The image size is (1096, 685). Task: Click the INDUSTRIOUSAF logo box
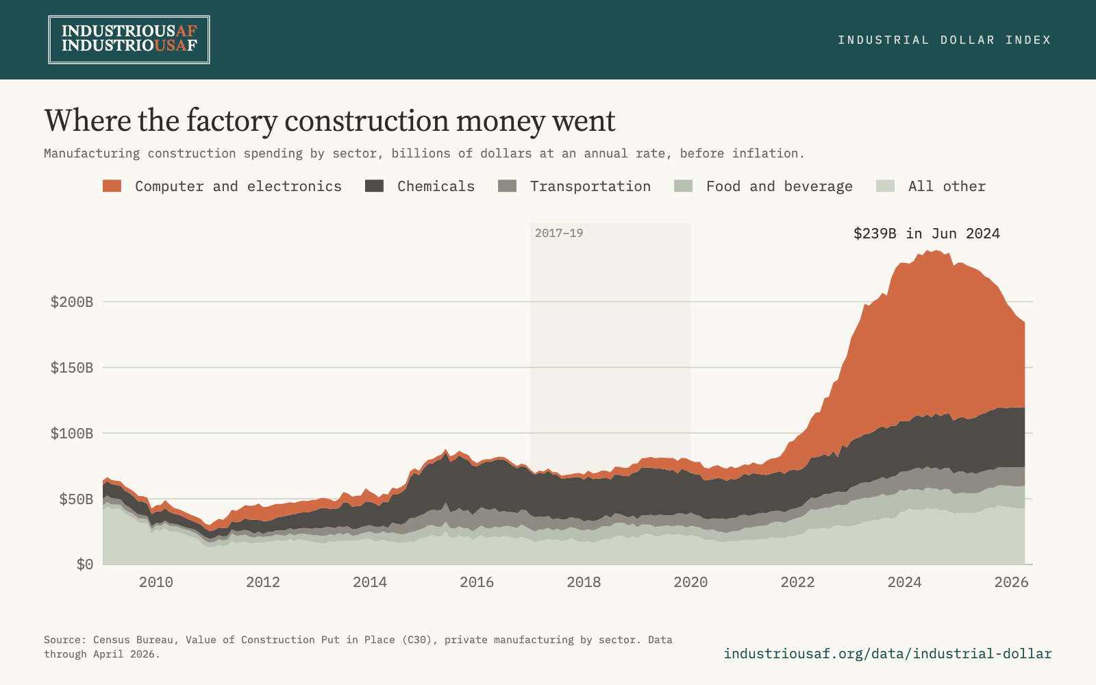point(129,40)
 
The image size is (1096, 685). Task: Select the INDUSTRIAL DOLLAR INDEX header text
point(945,40)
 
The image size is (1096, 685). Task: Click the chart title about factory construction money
point(329,121)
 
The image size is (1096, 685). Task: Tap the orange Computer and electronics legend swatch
point(112,186)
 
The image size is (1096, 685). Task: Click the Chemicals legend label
point(436,186)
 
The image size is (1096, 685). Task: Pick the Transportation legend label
point(590,186)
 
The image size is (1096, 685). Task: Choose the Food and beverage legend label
point(779,186)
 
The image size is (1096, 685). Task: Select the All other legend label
point(947,186)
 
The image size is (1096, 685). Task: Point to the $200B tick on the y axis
point(72,302)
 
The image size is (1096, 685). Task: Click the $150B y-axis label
point(72,367)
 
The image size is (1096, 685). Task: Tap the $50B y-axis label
point(76,499)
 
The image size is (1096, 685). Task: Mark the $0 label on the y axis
point(85,564)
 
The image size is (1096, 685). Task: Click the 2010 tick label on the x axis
point(156,582)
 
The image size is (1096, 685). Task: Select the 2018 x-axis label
point(584,582)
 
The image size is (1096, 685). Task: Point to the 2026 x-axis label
point(1011,582)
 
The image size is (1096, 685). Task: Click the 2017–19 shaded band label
point(559,233)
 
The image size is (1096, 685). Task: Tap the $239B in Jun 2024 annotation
point(927,234)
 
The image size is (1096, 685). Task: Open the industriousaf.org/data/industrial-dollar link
point(888,653)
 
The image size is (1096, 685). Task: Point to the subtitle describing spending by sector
point(424,153)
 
